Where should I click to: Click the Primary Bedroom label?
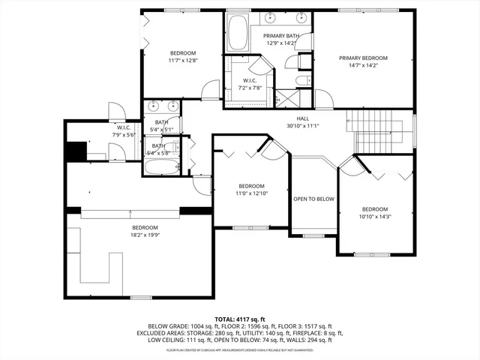coord(363,58)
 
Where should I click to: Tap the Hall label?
coord(303,118)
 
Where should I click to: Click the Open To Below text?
coord(313,199)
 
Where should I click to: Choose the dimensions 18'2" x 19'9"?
coord(145,235)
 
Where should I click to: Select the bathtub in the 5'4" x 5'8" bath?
coord(161,167)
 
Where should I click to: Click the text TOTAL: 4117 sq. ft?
coord(240,318)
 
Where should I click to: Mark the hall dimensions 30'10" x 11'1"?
coord(303,126)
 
